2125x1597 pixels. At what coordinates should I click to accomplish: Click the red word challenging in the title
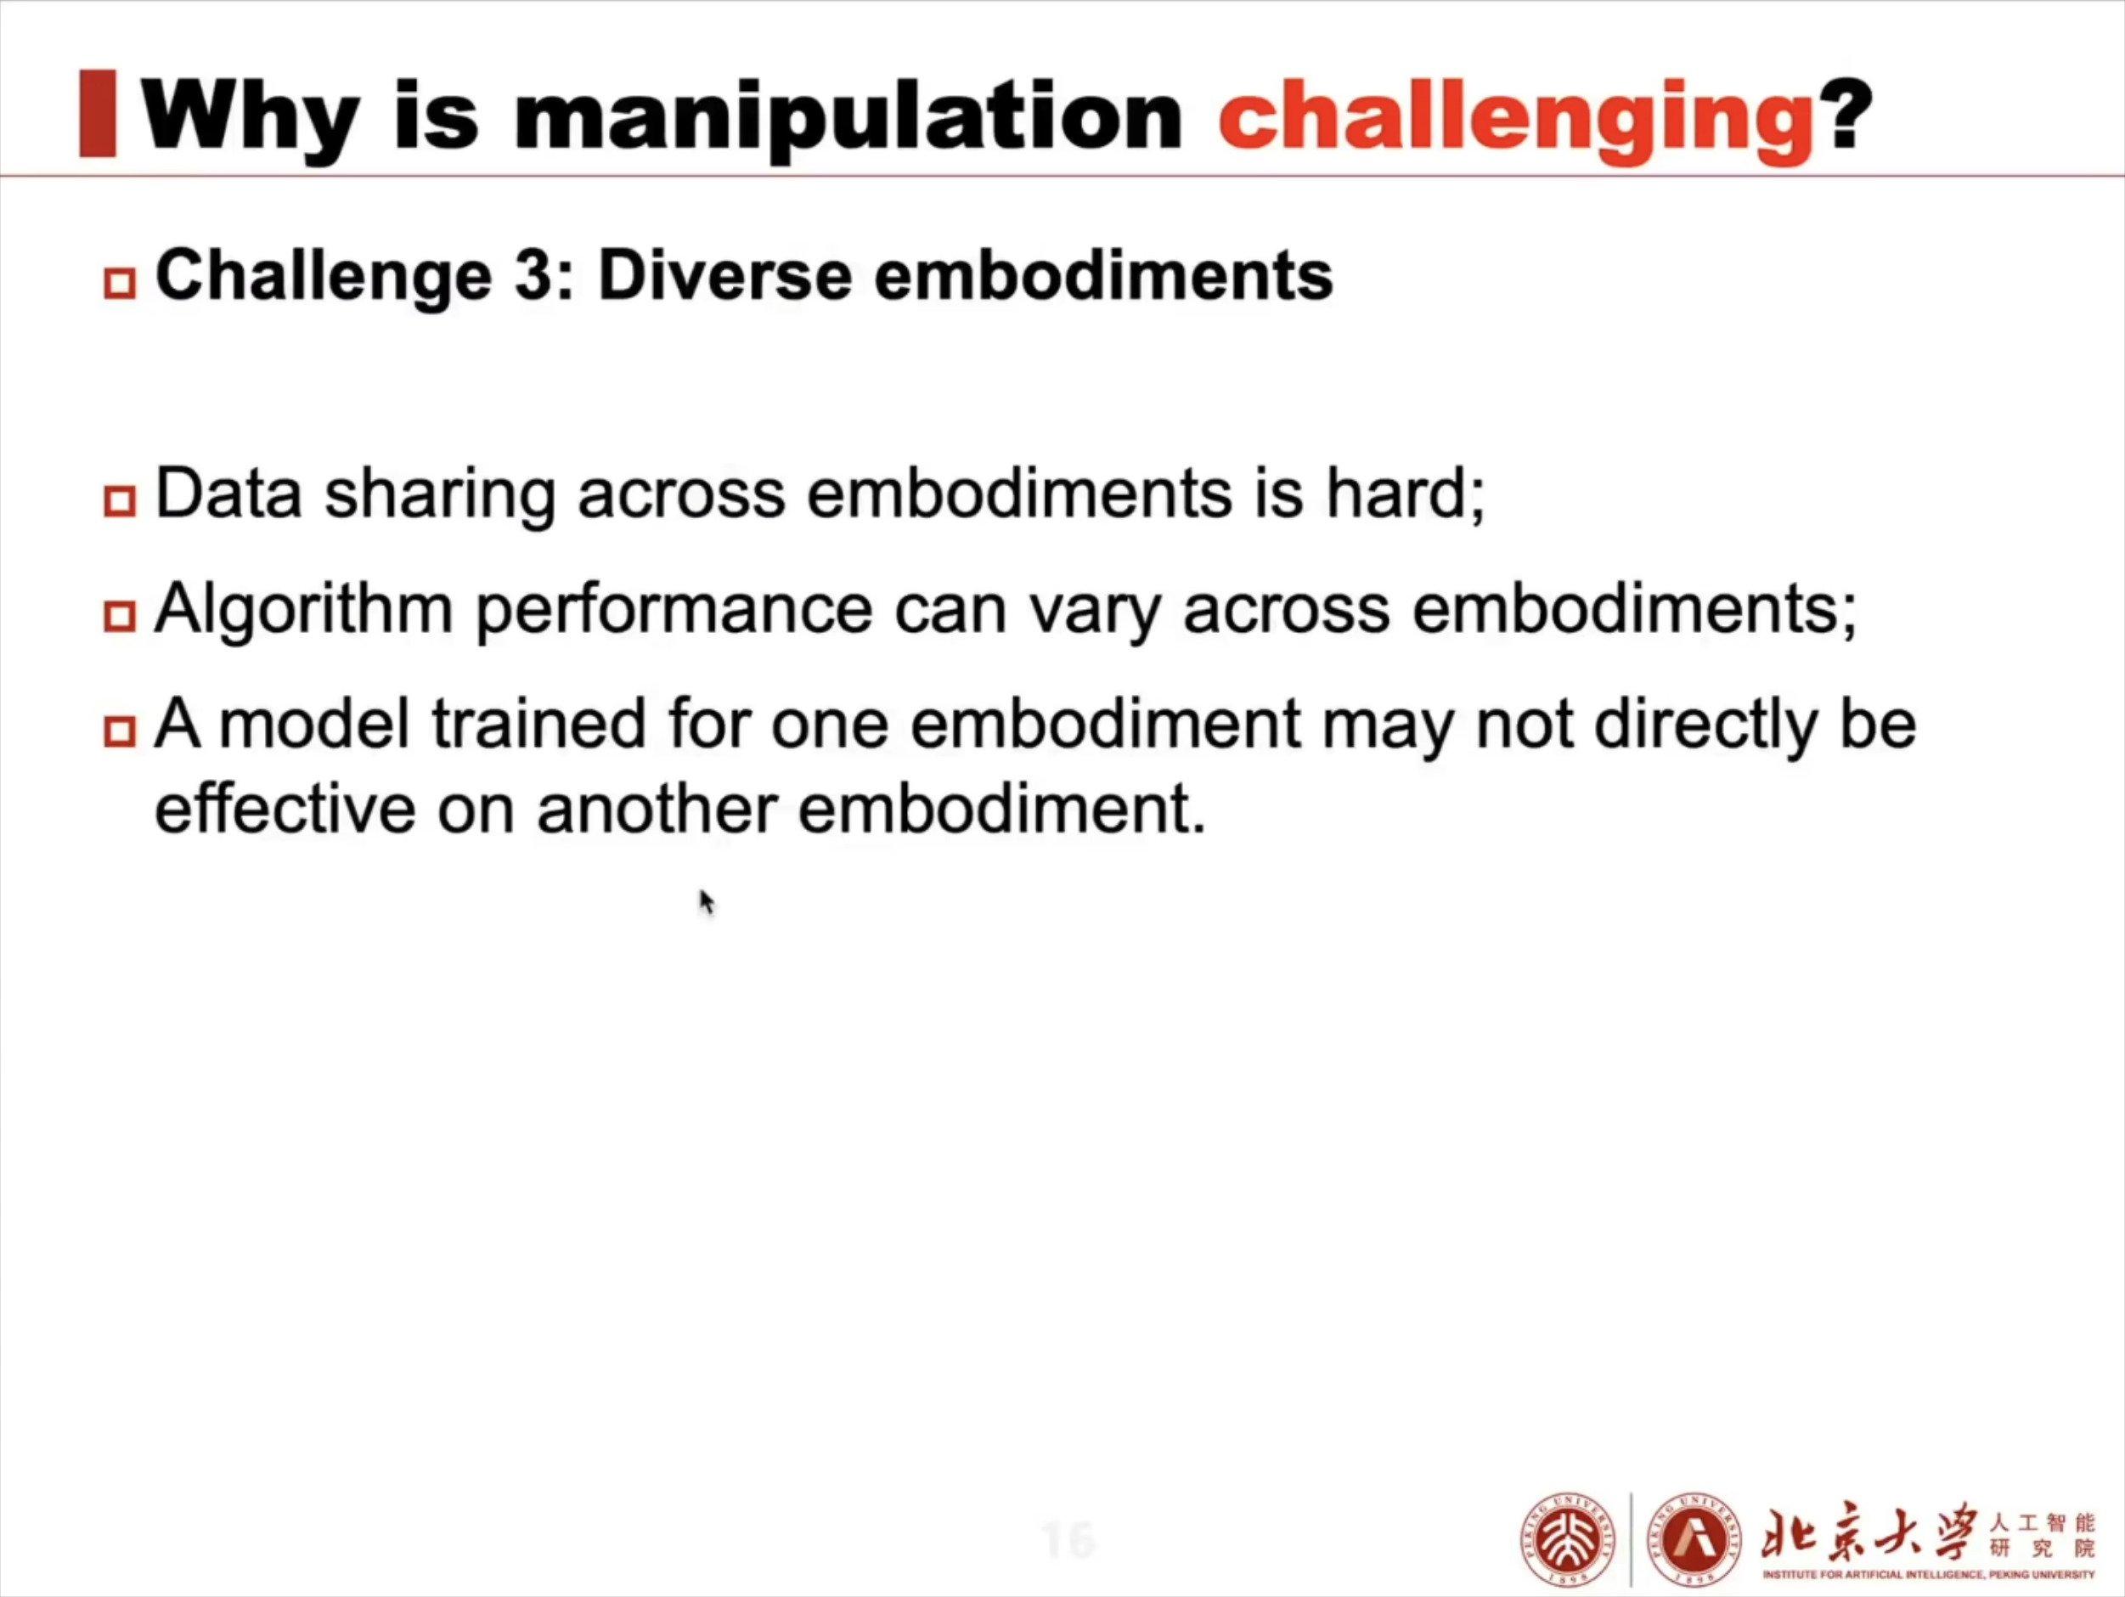1516,122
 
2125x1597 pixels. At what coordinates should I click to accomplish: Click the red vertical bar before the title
97,112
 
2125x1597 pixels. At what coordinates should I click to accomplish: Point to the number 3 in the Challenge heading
532,276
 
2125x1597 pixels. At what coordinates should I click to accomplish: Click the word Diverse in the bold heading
725,276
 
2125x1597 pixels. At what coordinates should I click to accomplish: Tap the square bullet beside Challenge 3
119,284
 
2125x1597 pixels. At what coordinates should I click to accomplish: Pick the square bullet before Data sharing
119,500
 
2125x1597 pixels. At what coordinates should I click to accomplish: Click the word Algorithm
303,610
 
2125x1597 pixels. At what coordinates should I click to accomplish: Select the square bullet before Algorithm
119,616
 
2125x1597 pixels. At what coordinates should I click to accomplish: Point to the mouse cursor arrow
707,902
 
